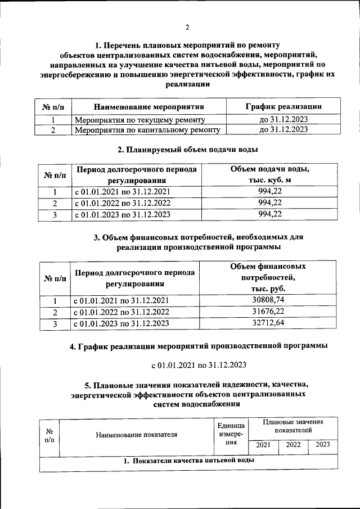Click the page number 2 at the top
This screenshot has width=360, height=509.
(x=187, y=28)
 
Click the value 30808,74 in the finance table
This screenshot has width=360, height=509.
(x=269, y=300)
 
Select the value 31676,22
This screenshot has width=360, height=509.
(x=269, y=312)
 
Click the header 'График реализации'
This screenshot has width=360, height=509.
(x=283, y=106)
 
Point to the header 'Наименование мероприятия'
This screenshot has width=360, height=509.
(x=148, y=106)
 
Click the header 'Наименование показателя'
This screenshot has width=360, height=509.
(x=136, y=434)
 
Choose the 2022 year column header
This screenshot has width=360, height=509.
(x=293, y=445)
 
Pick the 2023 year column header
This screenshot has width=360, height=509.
(x=323, y=445)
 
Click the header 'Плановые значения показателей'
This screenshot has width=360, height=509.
(x=293, y=426)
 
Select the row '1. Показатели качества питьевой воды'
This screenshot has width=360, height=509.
(x=189, y=461)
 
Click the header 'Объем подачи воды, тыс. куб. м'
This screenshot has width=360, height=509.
(x=269, y=174)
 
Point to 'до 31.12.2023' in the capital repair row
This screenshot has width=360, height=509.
(x=283, y=130)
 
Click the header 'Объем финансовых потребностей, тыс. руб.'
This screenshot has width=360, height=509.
(x=269, y=277)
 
